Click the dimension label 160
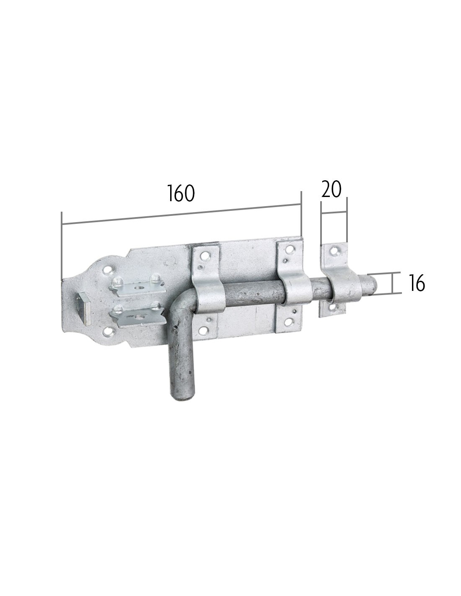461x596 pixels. (181, 193)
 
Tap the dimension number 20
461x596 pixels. (331, 189)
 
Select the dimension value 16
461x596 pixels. (417, 282)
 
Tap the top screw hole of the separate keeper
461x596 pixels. (334, 250)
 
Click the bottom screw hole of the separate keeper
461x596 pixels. (332, 307)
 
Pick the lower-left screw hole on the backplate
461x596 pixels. (107, 333)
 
